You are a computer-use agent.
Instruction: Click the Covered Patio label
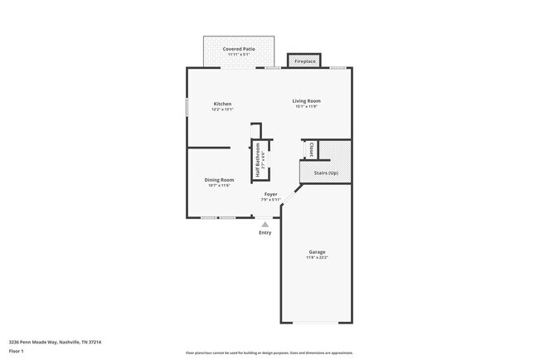point(238,49)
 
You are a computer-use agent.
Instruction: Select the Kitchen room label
point(222,104)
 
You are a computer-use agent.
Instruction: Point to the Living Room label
point(305,101)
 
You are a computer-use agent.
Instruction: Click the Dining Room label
point(219,179)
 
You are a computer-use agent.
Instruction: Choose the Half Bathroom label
point(258,159)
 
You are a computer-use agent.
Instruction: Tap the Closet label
point(311,150)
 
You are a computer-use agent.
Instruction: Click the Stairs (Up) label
point(326,173)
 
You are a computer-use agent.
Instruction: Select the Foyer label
point(271,194)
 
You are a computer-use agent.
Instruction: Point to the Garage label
point(317,252)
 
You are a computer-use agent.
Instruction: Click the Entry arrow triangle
point(265,224)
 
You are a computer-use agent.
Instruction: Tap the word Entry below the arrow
point(265,233)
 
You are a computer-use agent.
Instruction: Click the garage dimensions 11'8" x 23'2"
point(317,258)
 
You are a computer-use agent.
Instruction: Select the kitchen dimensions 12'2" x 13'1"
point(222,109)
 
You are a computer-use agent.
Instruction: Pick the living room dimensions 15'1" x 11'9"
point(305,107)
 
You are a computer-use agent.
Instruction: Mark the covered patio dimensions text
point(238,55)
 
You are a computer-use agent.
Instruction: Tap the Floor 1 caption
point(17,351)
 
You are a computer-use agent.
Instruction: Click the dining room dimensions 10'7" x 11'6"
point(219,185)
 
